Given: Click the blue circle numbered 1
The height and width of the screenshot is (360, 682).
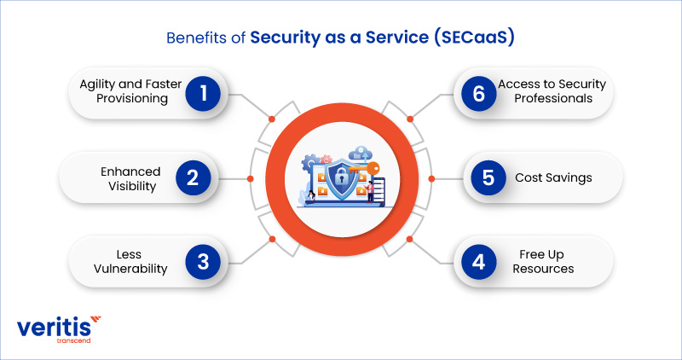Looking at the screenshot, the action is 203,94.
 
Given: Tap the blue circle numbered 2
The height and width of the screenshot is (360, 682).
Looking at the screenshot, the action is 194,177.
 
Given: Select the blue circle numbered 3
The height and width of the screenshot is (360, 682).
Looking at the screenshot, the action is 203,262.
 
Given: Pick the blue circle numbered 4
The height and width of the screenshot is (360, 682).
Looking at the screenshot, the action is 478,262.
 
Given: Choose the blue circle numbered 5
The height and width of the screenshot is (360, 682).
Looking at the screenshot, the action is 488,177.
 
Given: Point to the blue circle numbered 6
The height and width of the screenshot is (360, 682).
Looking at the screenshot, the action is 478,94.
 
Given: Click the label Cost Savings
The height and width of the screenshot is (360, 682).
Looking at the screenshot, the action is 553,177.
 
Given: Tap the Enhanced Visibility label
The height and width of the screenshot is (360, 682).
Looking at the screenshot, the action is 131,178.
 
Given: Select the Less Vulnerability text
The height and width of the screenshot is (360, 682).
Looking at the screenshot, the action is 130,262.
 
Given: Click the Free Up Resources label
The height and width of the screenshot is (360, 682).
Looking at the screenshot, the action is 543,262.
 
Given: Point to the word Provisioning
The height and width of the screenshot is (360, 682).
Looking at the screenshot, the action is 132,99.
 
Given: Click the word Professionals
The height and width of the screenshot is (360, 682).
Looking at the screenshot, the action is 553,98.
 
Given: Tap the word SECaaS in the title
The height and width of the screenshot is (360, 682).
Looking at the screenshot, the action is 474,38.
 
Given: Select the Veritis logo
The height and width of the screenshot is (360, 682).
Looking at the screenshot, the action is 59,329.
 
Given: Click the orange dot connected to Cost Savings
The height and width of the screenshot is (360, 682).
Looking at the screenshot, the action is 431,178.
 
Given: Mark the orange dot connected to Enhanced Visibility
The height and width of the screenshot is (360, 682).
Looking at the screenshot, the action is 250,178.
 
